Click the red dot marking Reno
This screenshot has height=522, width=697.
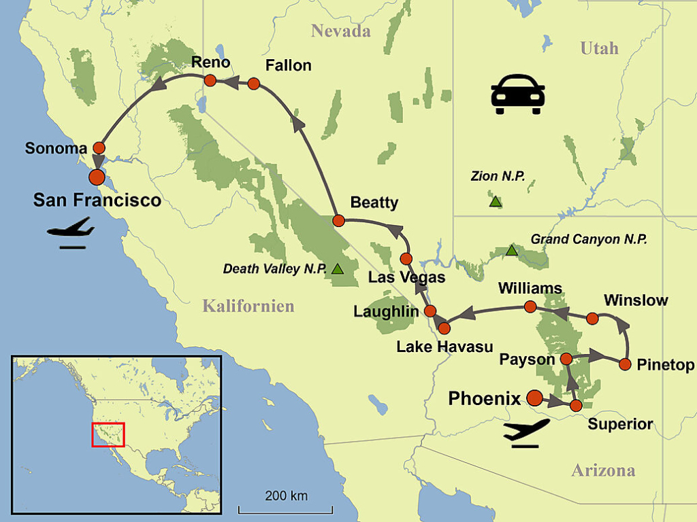[x=210, y=81]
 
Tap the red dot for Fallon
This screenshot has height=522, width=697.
[x=254, y=84]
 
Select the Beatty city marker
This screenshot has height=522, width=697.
[x=338, y=220]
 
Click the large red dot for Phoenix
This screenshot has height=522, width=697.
[x=535, y=398]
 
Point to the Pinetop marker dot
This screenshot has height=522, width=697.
[x=626, y=364]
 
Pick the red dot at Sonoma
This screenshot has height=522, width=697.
[x=99, y=147]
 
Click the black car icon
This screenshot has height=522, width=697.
[x=517, y=94]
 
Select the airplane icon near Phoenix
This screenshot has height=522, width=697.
[x=525, y=432]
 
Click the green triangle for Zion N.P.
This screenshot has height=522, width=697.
[x=496, y=201]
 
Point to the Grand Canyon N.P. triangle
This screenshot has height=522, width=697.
[x=511, y=250]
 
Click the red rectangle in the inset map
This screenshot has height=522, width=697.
[x=108, y=434]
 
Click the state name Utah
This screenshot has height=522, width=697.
[x=599, y=48]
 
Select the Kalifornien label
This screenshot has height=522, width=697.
[x=248, y=307]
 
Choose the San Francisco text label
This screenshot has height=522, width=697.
[x=97, y=200]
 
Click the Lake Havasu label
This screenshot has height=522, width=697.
[x=444, y=347]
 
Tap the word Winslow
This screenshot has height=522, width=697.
[x=636, y=300]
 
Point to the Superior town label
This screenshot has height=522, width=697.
[x=620, y=425]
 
